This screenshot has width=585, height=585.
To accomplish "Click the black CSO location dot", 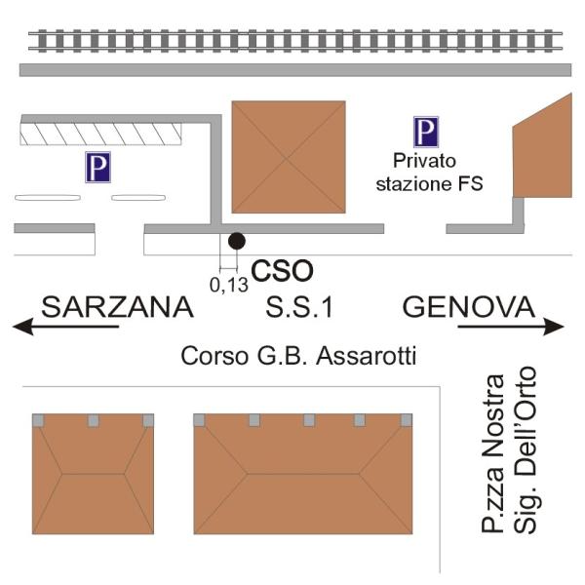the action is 235,241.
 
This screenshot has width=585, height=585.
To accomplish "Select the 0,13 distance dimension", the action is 229,285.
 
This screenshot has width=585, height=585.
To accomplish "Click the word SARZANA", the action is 117,308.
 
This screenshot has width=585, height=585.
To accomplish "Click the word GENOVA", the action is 469,308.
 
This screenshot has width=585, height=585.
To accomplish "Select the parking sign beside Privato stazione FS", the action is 425,133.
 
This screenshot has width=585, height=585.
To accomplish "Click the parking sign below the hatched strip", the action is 97,168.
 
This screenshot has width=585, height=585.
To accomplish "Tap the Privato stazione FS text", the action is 438,171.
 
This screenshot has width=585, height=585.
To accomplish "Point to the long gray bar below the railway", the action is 292,71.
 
